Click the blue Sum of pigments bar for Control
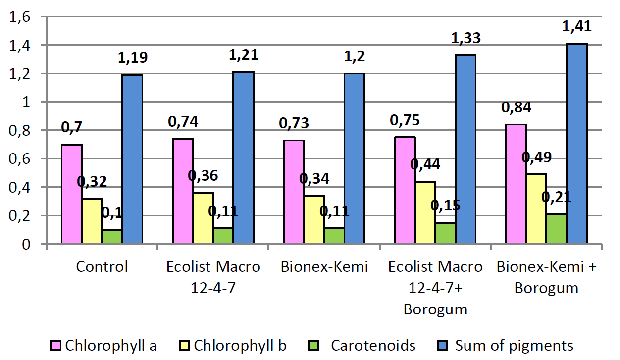point(133,159)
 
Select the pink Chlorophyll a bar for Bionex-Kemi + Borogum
point(516,184)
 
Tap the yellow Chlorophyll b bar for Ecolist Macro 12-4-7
point(203,218)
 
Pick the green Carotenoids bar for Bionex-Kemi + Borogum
point(556,229)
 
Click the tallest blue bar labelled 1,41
point(577,144)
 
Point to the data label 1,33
point(466,38)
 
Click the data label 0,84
point(516,107)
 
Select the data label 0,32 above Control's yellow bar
point(92,182)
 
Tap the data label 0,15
point(445,206)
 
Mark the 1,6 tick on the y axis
point(19,17)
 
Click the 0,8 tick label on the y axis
point(19,131)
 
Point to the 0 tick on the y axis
point(26,244)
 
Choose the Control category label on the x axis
point(102,267)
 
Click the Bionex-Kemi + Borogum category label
point(546,277)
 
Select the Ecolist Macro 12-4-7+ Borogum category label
point(435,288)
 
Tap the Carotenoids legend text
point(373,346)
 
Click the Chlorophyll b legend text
point(240,346)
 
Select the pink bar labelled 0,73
point(294,192)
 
